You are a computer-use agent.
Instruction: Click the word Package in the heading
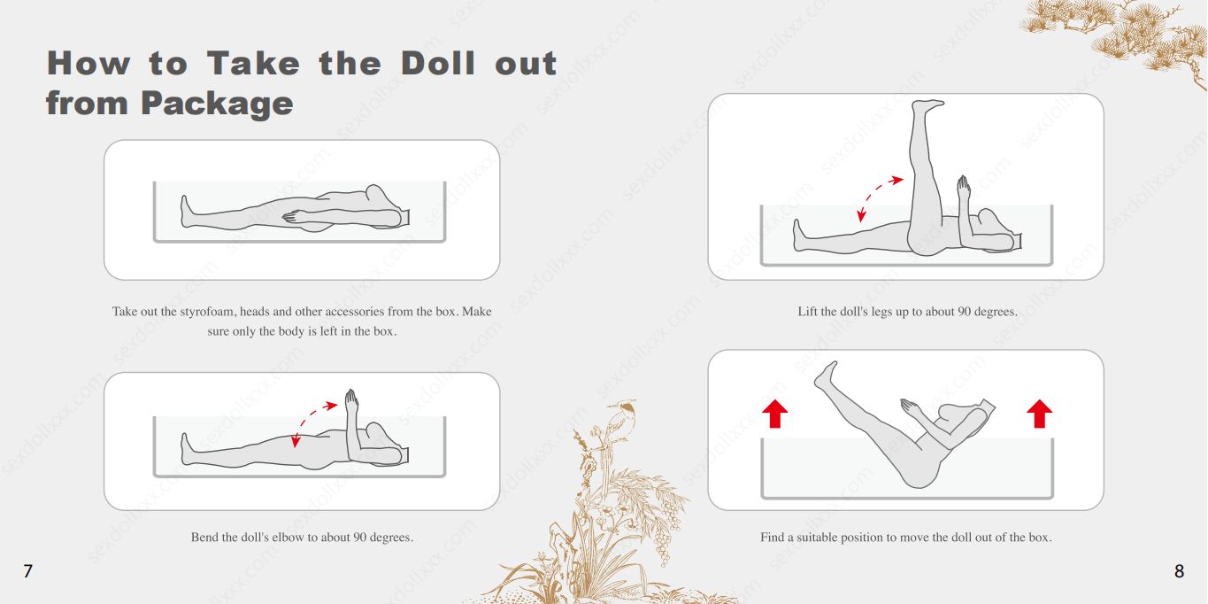pos(218,103)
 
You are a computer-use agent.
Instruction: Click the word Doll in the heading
pos(438,63)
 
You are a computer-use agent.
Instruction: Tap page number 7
pos(28,571)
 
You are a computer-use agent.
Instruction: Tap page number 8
pos(1180,571)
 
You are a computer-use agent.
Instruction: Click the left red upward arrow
pos(775,414)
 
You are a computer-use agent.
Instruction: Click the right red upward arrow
pos(1040,414)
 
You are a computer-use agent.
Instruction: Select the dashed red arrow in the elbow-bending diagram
pos(312,417)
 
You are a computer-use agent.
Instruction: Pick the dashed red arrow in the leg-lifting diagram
pos(877,193)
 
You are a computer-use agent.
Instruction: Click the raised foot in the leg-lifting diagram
pos(927,105)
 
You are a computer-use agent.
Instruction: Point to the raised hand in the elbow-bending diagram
pos(351,400)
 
